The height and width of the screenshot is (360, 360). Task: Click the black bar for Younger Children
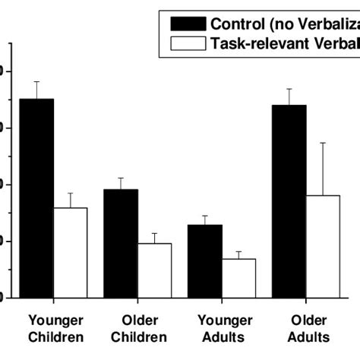point(36,197)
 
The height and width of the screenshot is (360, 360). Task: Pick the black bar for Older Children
point(121,243)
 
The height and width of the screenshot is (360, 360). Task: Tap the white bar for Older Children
point(155,270)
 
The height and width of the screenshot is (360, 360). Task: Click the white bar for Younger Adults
point(239,278)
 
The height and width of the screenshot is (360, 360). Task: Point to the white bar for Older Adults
point(324,246)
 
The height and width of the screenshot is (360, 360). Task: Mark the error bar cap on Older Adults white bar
point(324,143)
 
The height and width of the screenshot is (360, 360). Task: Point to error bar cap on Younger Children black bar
point(36,81)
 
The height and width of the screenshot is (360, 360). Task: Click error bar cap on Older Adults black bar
point(289,89)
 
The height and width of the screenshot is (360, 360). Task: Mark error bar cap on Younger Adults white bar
point(239,251)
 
